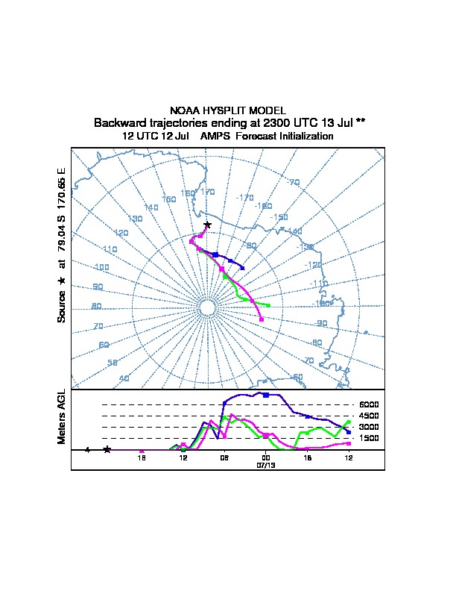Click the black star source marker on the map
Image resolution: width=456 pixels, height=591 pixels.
coord(207,225)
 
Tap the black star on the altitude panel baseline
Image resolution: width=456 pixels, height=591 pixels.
coord(107,449)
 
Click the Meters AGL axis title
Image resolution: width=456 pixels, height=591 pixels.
coord(62,416)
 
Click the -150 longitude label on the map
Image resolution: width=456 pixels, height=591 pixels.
coord(279,217)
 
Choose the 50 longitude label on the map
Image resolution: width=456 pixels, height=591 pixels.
coord(113,362)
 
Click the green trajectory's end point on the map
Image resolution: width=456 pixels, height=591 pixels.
coord(269,305)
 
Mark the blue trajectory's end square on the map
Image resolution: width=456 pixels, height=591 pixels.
coord(243,267)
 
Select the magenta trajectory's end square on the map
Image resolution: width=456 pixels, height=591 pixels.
coord(262,319)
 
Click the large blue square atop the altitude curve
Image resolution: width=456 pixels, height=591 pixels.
coord(266,394)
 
